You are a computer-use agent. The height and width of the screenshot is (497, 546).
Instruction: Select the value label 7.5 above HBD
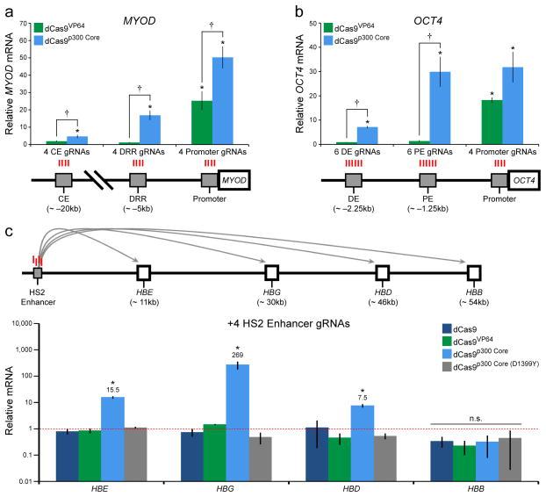pos(363,396)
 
